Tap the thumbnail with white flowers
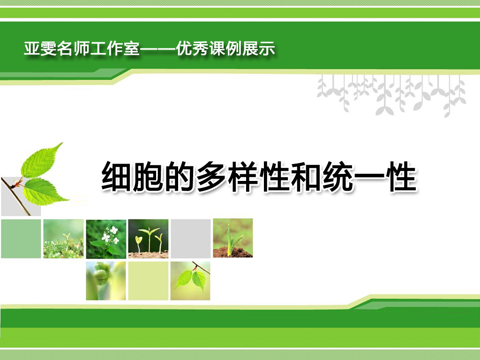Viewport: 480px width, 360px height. (x=106, y=239)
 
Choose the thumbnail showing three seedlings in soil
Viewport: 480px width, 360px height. (x=148, y=239)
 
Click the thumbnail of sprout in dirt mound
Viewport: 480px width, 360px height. (x=233, y=238)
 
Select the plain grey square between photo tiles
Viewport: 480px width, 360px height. (x=191, y=239)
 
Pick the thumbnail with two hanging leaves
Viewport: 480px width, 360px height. (x=190, y=281)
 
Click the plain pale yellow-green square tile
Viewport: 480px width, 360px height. (x=148, y=281)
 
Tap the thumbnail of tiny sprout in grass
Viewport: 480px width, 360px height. (x=63, y=239)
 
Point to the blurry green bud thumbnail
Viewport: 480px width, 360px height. (x=106, y=281)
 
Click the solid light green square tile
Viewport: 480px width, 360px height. (x=21, y=239)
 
